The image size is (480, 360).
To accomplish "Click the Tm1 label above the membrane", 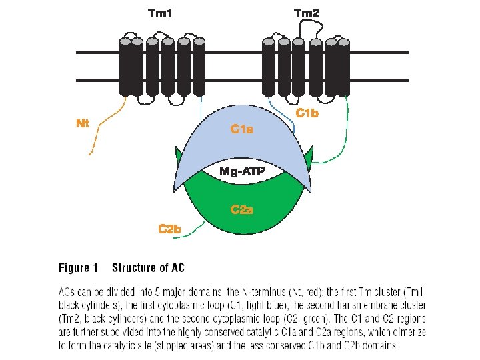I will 159,13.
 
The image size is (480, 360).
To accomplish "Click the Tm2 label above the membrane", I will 307,13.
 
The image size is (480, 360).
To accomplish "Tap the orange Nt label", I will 83,123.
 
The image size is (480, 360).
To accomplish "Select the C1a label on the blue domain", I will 241,129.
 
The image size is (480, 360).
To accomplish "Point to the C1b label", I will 307,113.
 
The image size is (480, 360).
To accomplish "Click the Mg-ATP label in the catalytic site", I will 242,172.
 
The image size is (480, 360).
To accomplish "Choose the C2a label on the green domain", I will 241,210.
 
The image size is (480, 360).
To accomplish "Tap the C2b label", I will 169,229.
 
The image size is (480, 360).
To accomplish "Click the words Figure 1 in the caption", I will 78,268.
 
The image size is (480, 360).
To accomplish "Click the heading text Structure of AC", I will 148,268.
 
